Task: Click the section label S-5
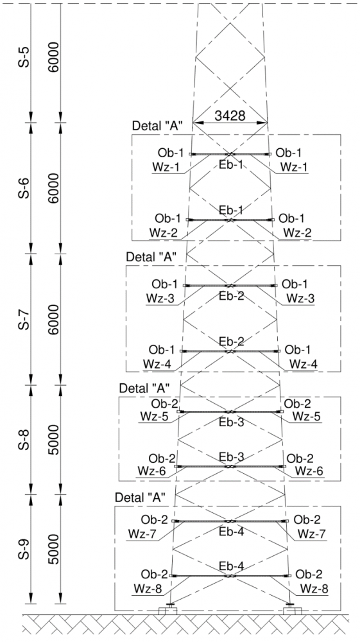tap(26, 57)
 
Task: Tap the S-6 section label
tap(26, 188)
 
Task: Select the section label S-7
tap(26, 319)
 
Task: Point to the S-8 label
tap(26, 440)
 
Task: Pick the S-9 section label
tap(26, 549)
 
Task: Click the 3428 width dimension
tap(230, 116)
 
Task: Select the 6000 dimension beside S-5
tap(55, 57)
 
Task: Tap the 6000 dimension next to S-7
tap(55, 319)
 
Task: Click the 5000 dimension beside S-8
tap(55, 440)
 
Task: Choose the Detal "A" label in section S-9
tap(141, 498)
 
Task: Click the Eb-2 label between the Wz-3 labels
tap(231, 295)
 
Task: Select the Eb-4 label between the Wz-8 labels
tap(231, 566)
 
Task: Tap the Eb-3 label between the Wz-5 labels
tap(231, 422)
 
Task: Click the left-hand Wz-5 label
tap(154, 416)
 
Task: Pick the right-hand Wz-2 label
tap(297, 232)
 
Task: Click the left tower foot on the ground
tap(168, 609)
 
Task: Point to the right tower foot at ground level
tap(292, 609)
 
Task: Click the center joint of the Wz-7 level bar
tap(230, 521)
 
